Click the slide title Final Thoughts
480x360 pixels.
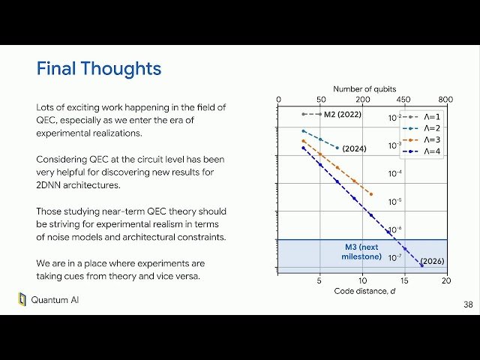click(99, 69)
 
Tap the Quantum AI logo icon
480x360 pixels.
click(22, 300)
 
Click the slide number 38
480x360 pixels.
click(468, 305)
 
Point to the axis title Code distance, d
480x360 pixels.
click(362, 292)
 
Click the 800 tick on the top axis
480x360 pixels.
click(445, 99)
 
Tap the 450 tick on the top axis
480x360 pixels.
click(403, 99)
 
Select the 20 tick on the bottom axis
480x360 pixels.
click(445, 281)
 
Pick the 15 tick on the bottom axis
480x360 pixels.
click(403, 281)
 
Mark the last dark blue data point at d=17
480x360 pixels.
click(421, 265)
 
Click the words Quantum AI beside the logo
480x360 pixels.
click(55, 300)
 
